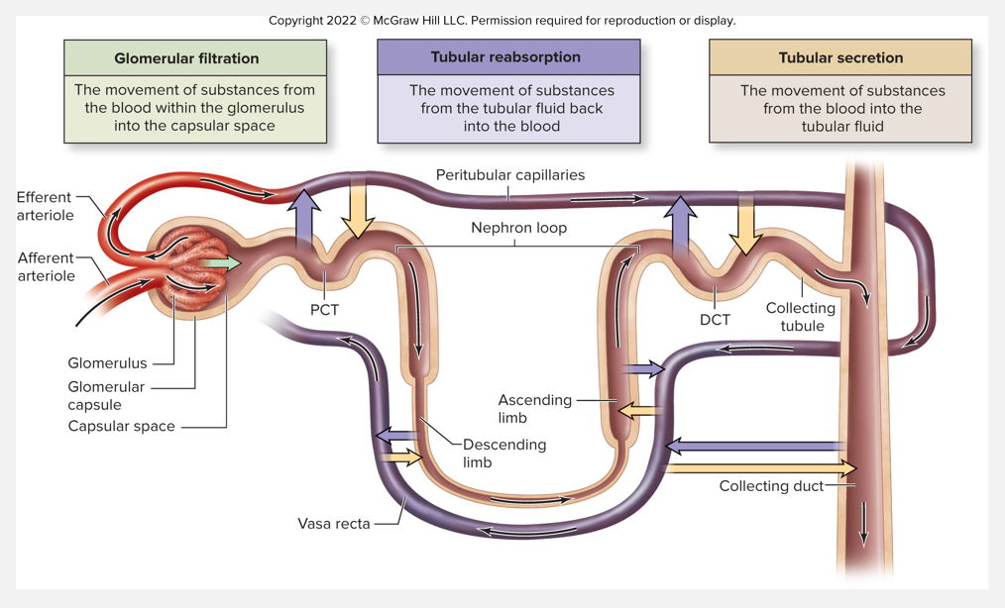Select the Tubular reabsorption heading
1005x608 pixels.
tap(508, 57)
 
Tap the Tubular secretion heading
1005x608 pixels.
tap(840, 58)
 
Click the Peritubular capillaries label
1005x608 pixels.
tap(509, 175)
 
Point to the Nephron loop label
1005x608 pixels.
tap(518, 228)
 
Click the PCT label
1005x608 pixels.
tap(324, 310)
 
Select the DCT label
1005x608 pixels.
tap(715, 320)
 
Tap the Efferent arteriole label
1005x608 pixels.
tap(46, 206)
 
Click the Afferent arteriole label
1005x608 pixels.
tap(47, 267)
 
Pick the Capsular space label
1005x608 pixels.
tap(121, 427)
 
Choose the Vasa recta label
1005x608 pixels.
tap(334, 523)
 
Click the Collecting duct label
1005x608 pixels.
tap(771, 486)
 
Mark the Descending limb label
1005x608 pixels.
tap(504, 454)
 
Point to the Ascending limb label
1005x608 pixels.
tap(535, 408)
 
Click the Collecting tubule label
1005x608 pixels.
tap(800, 317)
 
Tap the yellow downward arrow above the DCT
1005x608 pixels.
tap(744, 226)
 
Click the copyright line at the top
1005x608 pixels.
tap(502, 21)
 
